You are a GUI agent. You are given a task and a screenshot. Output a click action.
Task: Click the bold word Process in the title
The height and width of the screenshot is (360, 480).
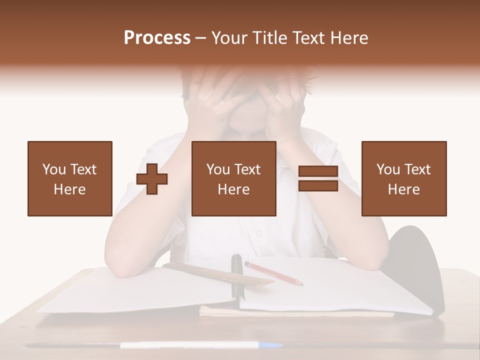point(157,38)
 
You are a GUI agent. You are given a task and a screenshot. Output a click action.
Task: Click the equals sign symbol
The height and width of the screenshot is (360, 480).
point(318,178)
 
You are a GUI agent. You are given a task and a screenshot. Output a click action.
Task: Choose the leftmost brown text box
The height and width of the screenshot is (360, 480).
point(69,178)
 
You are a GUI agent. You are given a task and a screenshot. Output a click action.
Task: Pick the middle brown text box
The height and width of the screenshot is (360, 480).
point(233,178)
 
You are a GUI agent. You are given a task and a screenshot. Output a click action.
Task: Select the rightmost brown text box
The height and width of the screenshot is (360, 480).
point(403,178)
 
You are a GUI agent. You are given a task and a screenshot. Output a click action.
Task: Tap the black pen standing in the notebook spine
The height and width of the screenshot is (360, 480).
point(236,272)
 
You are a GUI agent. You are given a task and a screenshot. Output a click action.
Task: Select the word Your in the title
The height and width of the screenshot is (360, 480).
point(228,38)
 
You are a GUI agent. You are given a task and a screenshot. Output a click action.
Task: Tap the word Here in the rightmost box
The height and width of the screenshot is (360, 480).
point(403,189)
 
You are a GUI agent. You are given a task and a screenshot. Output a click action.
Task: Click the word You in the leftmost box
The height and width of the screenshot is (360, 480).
point(54,169)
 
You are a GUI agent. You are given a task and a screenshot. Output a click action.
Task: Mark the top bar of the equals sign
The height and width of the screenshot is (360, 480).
point(318,171)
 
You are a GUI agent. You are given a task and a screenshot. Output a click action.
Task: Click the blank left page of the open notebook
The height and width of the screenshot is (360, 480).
point(135,292)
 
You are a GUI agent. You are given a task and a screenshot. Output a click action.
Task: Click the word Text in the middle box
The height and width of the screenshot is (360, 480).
point(247,169)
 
